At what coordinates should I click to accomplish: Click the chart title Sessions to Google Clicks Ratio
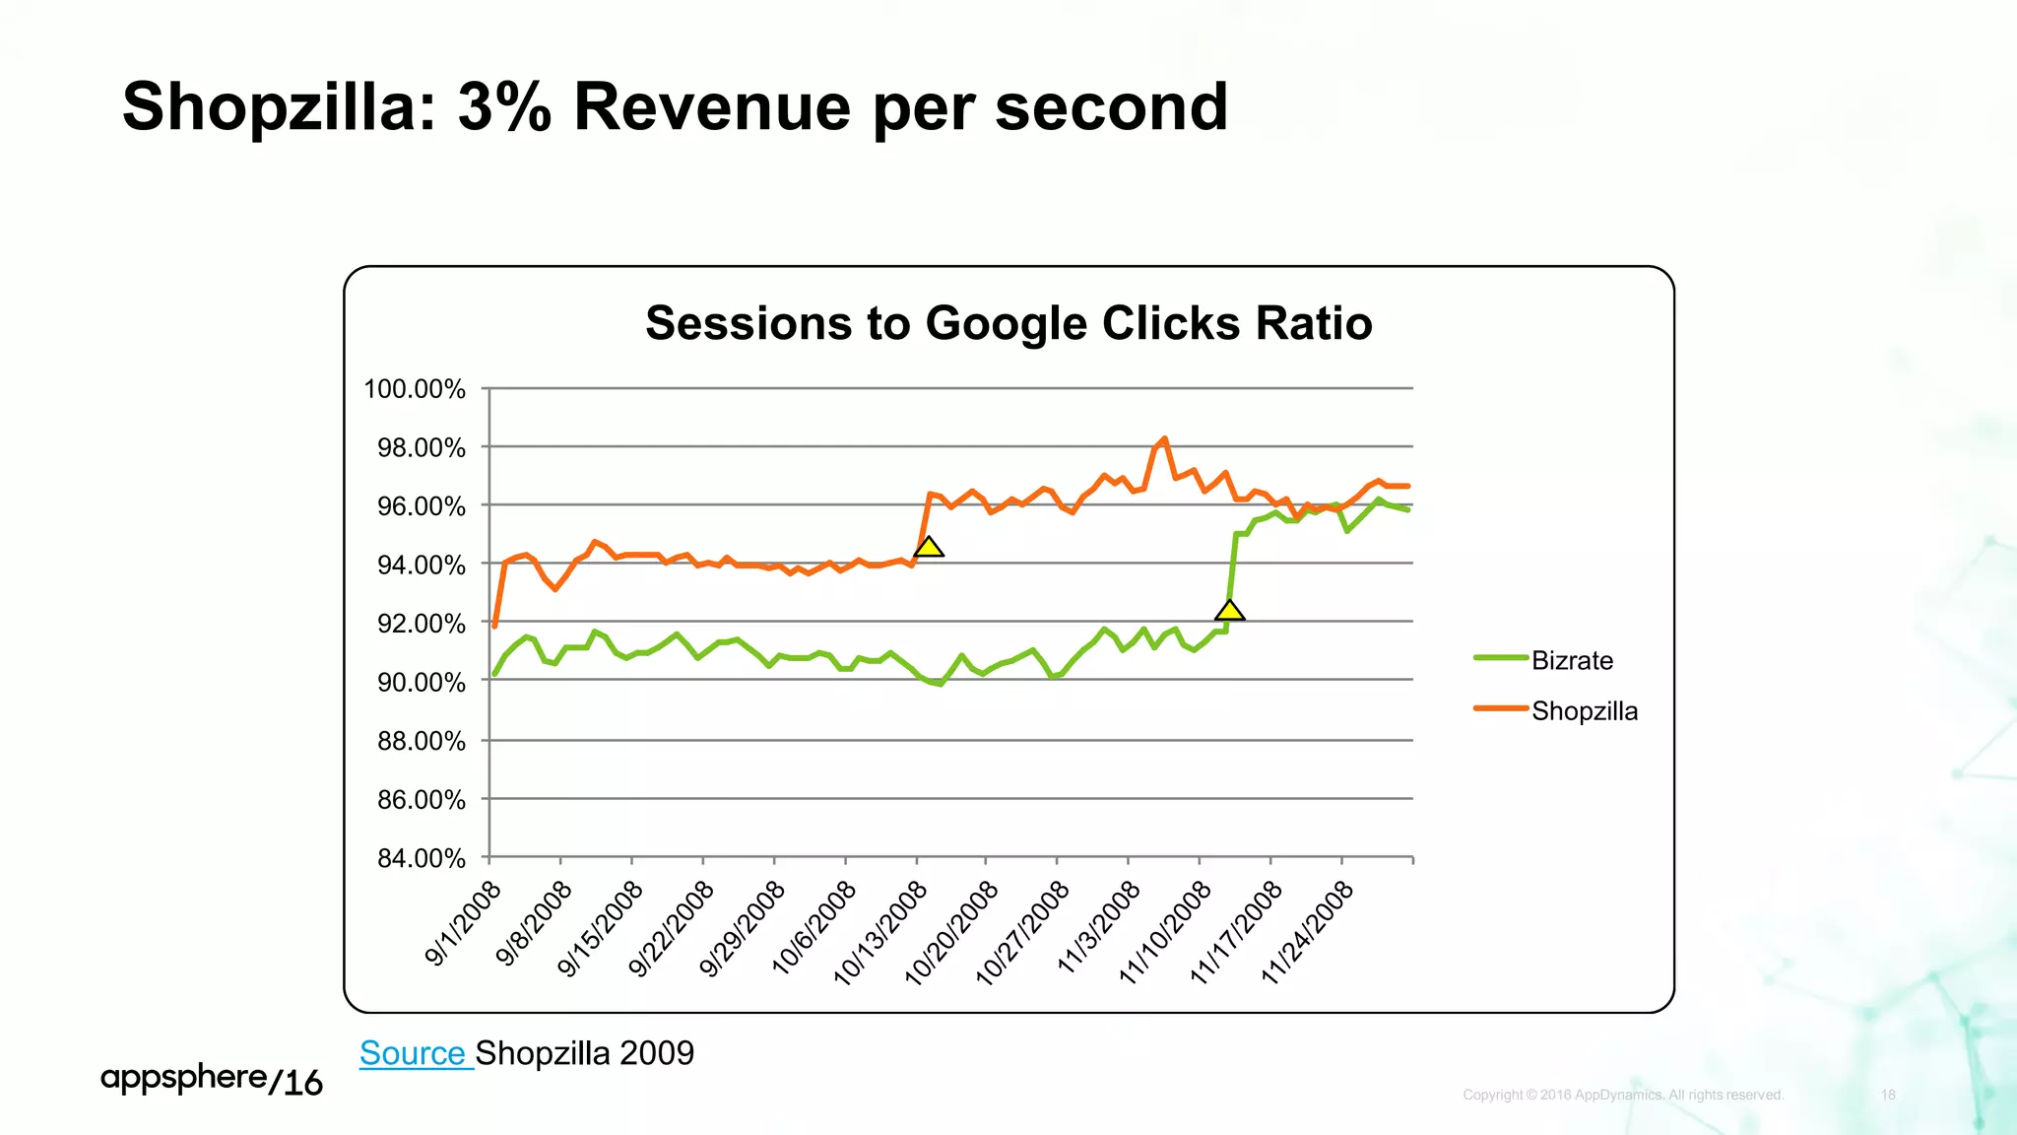pyautogui.click(x=1008, y=323)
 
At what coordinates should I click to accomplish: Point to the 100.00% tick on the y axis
pyautogui.click(x=415, y=389)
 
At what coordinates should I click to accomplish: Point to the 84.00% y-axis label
pyautogui.click(x=422, y=858)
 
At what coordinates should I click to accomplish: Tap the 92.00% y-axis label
pyautogui.click(x=422, y=624)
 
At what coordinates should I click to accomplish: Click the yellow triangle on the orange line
pyautogui.click(x=929, y=548)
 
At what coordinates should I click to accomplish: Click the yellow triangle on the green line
pyautogui.click(x=1229, y=612)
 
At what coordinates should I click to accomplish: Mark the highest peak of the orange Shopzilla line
pyautogui.click(x=1165, y=439)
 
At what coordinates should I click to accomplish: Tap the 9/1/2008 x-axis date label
pyautogui.click(x=463, y=923)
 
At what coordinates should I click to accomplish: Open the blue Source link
pyautogui.click(x=413, y=1053)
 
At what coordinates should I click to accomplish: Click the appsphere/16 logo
pyautogui.click(x=212, y=1080)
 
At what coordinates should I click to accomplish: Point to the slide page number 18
pyautogui.click(x=1888, y=1095)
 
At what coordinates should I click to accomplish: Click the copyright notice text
pyautogui.click(x=1623, y=1095)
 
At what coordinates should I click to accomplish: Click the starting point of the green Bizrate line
pyautogui.click(x=494, y=675)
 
